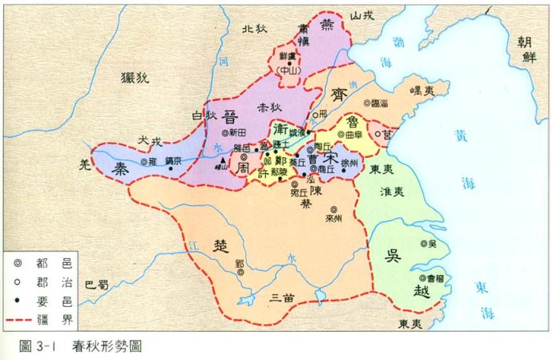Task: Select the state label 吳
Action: pos(392,256)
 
